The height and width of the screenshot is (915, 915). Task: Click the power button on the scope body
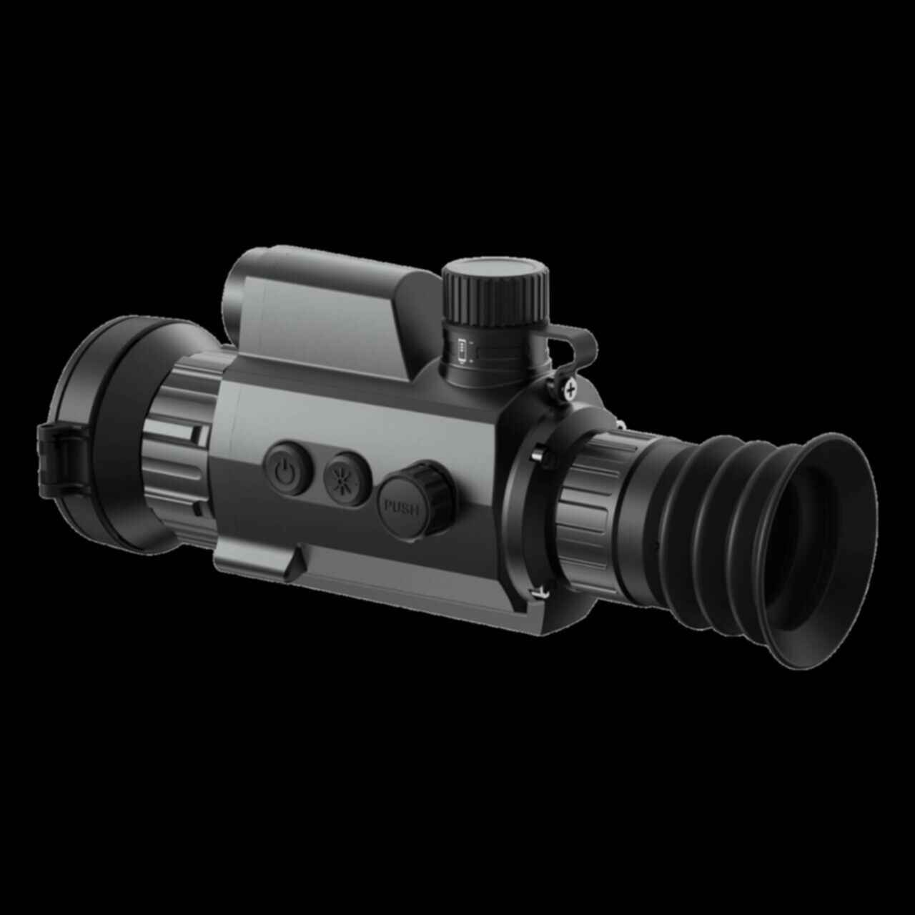point(289,468)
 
